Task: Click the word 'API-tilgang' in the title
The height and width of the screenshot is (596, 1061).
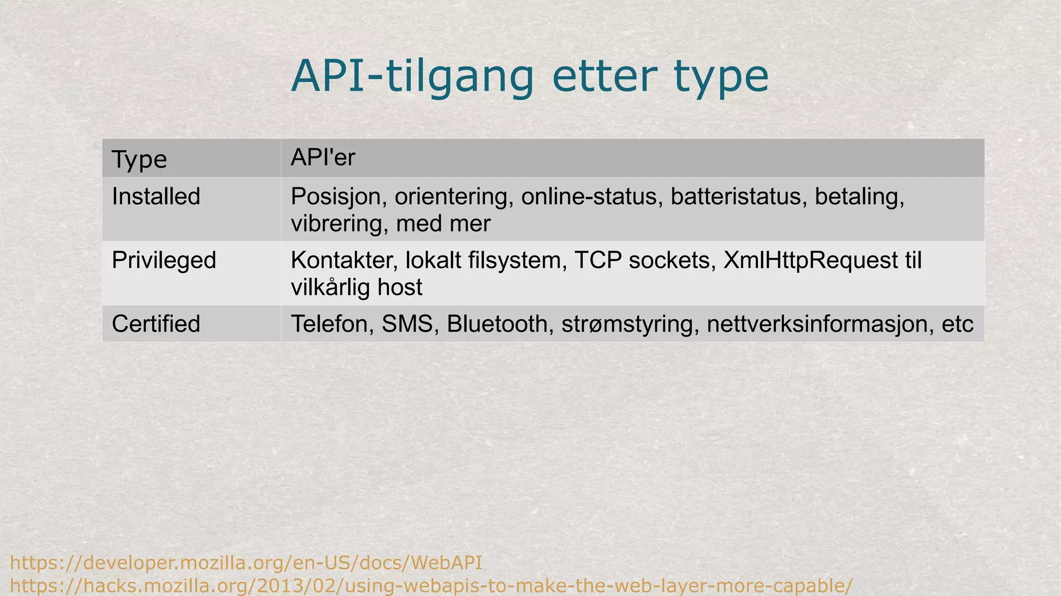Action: [x=412, y=77]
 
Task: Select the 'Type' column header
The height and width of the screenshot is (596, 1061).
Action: [x=139, y=159]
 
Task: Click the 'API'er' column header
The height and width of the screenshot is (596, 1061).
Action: [x=323, y=158]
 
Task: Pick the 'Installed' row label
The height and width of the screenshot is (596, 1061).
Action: [x=156, y=197]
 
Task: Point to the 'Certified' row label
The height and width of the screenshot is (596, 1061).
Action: [x=156, y=324]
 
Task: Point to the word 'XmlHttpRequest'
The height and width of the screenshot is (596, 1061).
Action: [x=810, y=260]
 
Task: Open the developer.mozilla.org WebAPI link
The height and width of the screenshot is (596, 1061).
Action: [x=246, y=563]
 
